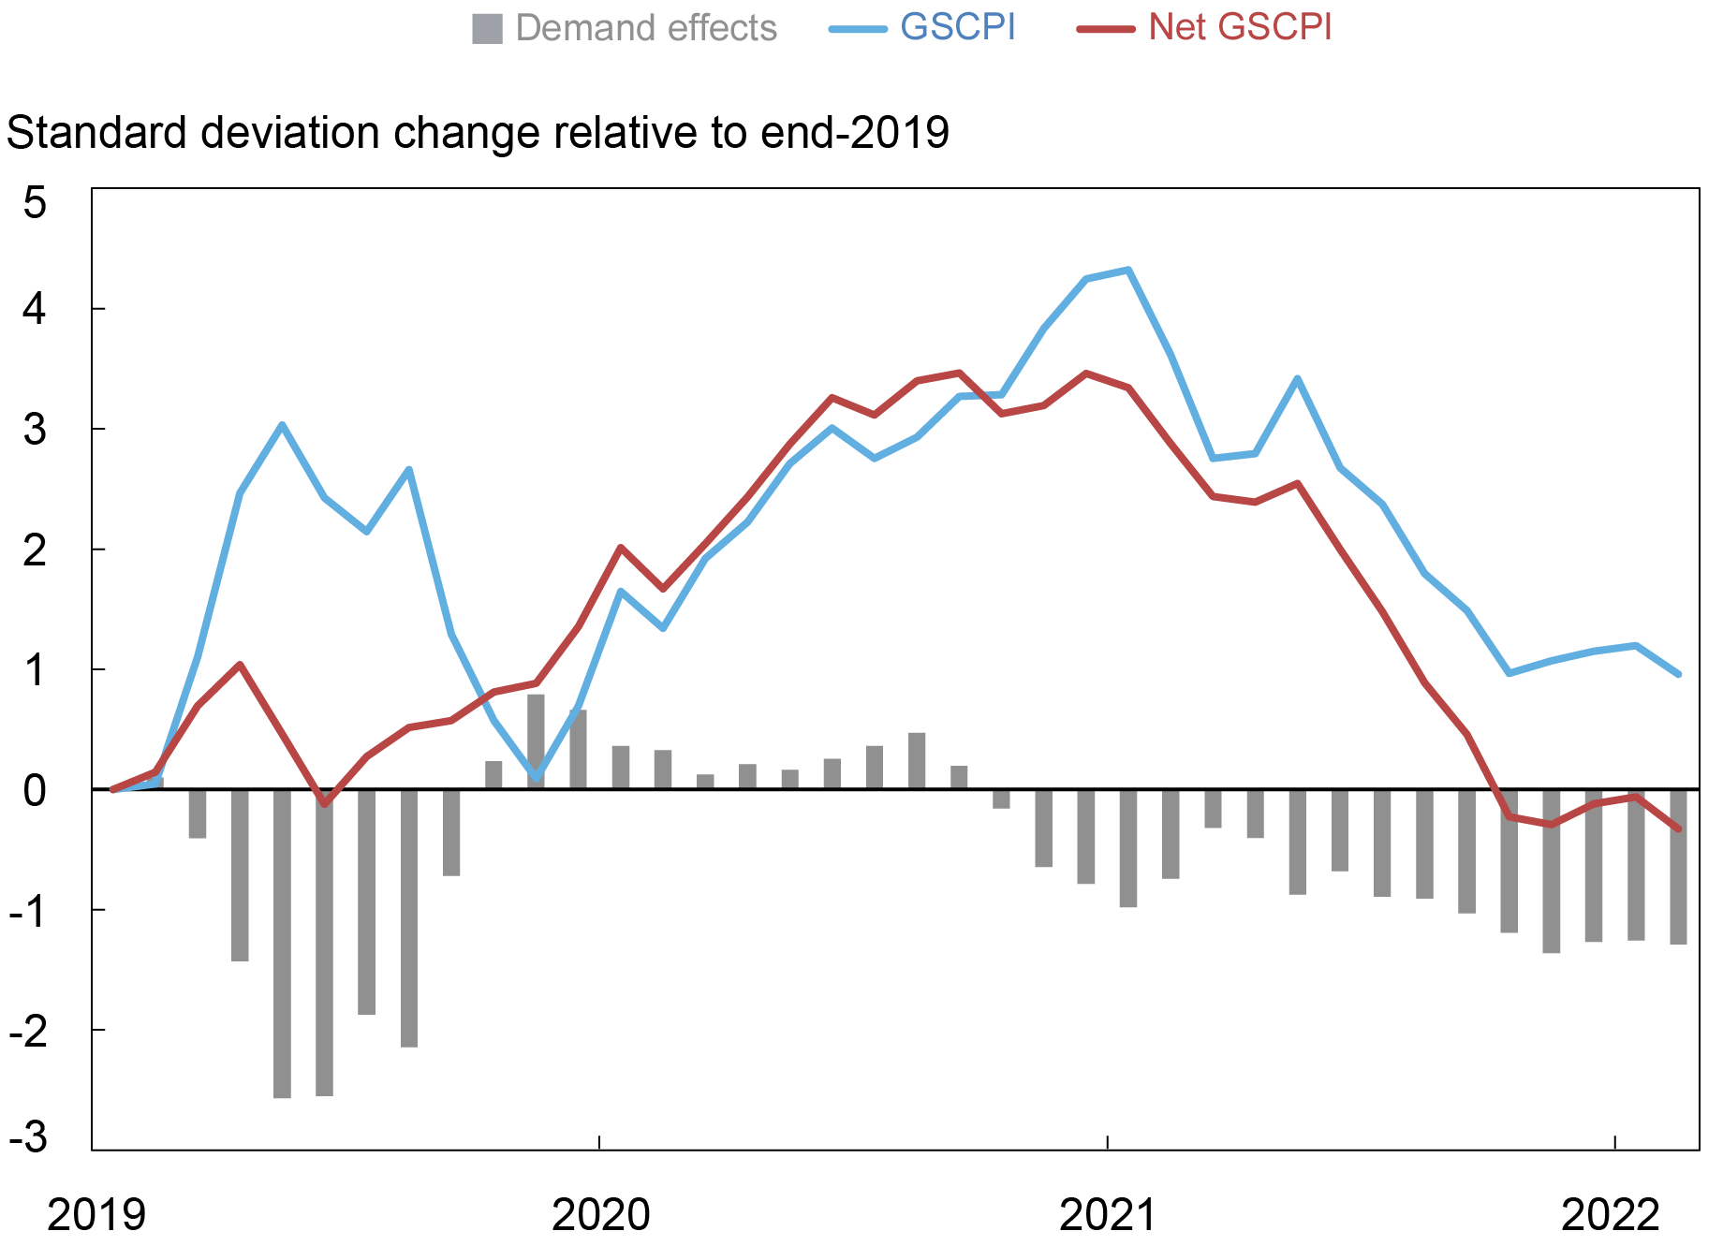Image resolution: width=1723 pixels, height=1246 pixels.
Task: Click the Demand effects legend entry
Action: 625,28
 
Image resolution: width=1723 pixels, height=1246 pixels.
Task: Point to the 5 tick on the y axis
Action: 35,203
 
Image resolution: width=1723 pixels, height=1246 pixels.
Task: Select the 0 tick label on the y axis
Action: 35,791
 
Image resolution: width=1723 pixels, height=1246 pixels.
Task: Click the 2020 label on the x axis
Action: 600,1215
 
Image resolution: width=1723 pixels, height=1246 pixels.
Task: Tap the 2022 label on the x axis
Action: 1610,1215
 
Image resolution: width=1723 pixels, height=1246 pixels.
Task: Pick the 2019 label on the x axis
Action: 96,1215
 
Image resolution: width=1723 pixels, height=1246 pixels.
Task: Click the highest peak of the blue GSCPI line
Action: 1128,270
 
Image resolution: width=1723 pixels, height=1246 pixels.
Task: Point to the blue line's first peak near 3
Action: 282,425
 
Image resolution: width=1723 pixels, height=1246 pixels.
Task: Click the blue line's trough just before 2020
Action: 536,778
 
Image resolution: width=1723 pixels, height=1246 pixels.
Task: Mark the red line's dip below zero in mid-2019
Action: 324,804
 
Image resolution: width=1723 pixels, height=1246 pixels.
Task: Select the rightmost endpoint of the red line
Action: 1678,828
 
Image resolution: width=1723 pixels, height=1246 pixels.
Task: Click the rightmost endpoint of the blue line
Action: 1678,674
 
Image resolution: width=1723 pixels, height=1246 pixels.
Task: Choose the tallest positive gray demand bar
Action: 536,740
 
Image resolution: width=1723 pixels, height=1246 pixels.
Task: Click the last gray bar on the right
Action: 1678,866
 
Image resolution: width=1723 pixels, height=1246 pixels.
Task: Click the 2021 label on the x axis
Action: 1108,1215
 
